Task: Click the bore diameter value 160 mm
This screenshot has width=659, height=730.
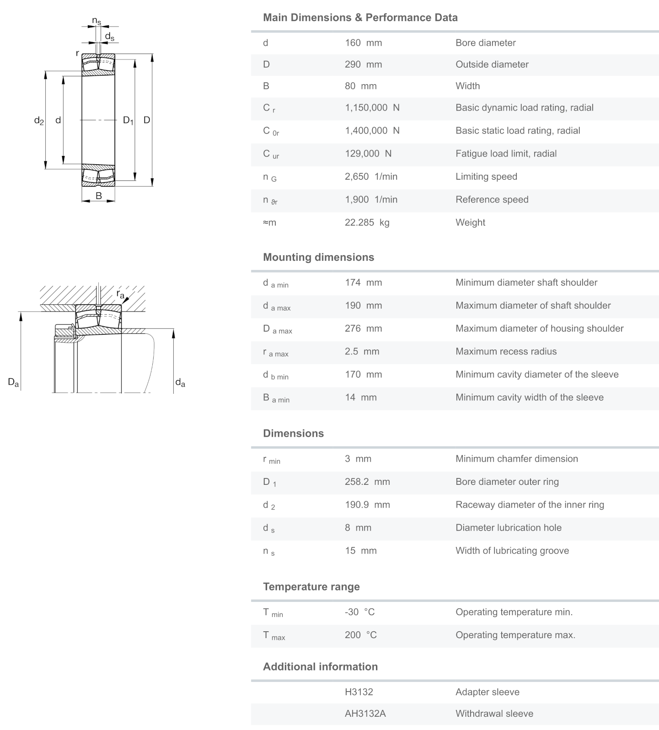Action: click(363, 43)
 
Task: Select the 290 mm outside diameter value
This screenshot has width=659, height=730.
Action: click(363, 64)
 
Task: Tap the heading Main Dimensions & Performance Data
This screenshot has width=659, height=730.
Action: click(360, 18)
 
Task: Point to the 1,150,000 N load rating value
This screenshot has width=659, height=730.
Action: click(372, 108)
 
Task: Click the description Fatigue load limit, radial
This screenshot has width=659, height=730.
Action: click(506, 154)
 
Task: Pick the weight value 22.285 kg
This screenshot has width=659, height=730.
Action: click(367, 223)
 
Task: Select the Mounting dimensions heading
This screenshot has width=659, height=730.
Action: click(318, 258)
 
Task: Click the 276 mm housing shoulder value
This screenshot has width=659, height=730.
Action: click(363, 329)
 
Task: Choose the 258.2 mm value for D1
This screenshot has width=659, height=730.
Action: click(367, 482)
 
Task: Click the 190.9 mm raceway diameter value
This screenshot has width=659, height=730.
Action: click(367, 505)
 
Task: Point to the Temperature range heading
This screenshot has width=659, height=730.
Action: click(311, 587)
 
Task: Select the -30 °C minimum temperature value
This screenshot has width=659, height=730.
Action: click(359, 612)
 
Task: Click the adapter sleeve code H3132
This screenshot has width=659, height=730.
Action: click(359, 692)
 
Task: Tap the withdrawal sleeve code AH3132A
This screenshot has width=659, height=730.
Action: click(365, 714)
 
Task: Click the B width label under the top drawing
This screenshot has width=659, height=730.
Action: click(98, 196)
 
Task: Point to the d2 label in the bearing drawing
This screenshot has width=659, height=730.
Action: click(39, 121)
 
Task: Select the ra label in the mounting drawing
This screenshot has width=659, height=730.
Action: click(120, 294)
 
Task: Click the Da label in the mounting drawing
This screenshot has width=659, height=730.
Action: click(13, 382)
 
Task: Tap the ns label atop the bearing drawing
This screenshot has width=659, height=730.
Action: click(96, 21)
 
